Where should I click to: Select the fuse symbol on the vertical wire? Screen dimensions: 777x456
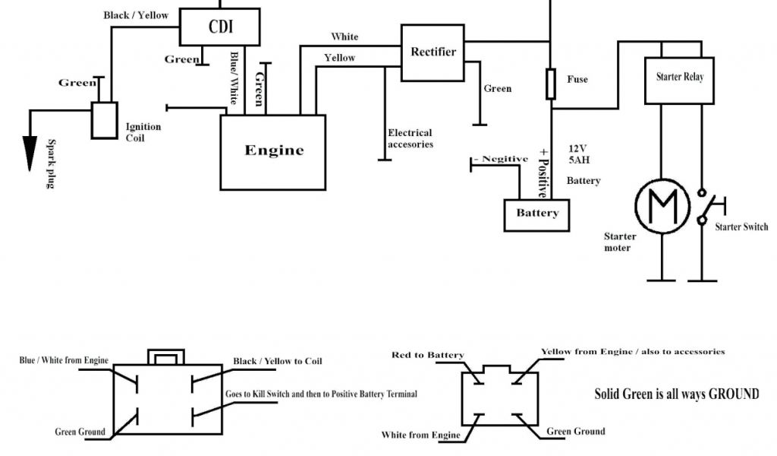tap(551, 84)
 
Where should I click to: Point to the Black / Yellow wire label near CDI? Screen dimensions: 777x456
tap(136, 15)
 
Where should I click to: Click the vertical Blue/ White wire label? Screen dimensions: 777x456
tap(234, 78)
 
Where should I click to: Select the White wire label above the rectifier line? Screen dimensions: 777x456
tap(344, 36)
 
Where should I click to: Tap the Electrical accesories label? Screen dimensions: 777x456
tap(411, 138)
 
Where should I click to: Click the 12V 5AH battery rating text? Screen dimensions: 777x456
tap(579, 154)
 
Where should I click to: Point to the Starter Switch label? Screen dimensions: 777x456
tap(741, 226)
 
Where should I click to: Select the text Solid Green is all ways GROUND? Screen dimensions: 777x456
tap(676, 394)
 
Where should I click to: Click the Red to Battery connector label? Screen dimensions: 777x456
tap(428, 355)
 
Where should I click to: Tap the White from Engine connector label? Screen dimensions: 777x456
tap(420, 435)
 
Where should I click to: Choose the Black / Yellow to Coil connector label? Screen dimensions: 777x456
tap(278, 361)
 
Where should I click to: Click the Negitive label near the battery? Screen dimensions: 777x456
tap(501, 159)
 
